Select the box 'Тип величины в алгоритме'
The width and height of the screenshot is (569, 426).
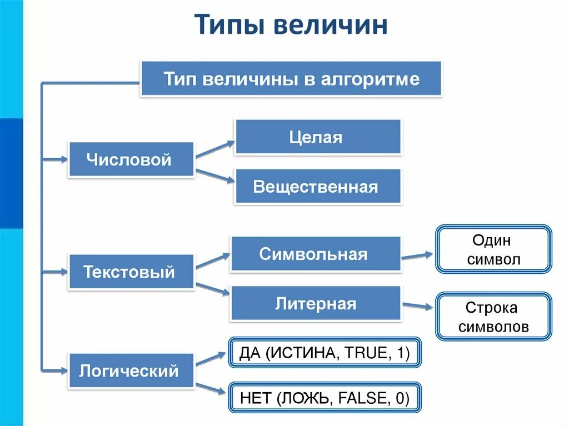click(x=291, y=79)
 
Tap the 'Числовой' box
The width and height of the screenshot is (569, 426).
click(x=131, y=160)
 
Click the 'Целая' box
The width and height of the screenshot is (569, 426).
click(x=317, y=137)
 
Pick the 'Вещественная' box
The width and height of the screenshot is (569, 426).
click(x=317, y=187)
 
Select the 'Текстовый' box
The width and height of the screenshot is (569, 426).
click(x=131, y=272)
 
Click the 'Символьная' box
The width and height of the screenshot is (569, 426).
click(x=315, y=254)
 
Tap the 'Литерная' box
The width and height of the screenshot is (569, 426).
click(x=315, y=304)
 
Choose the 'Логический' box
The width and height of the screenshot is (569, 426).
click(x=131, y=370)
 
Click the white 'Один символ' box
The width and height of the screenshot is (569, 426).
click(x=493, y=249)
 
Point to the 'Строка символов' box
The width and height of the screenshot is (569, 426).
click(x=493, y=317)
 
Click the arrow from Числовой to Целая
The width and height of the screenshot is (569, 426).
click(x=216, y=149)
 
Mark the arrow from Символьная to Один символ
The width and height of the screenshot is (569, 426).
click(x=417, y=256)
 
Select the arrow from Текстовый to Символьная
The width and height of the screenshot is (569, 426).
click(x=213, y=261)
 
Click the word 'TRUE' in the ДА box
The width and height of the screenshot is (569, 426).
click(x=366, y=353)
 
